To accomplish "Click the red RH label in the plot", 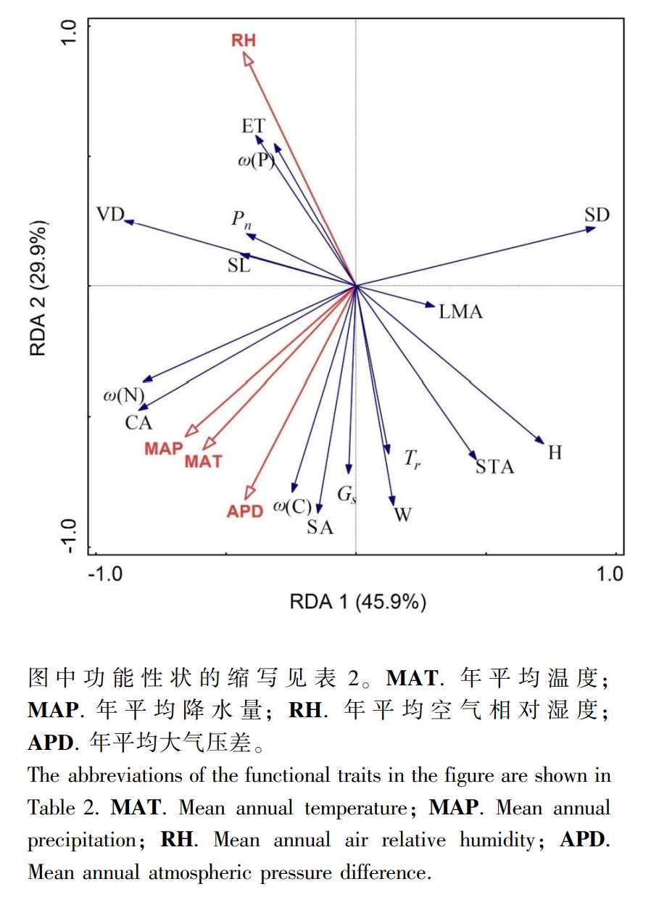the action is pyautogui.click(x=244, y=41).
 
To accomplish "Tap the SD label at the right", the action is pyautogui.click(x=597, y=215).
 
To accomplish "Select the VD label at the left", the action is pyautogui.click(x=110, y=215).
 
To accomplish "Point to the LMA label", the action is pyautogui.click(x=460, y=312).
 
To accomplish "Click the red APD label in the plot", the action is pyautogui.click(x=245, y=511).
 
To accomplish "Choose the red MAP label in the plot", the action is pyautogui.click(x=164, y=448).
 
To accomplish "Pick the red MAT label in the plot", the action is pyautogui.click(x=203, y=461).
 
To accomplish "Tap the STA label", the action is pyautogui.click(x=495, y=467).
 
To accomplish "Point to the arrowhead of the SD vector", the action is pyautogui.click(x=590, y=229).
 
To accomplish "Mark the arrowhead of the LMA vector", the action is pyautogui.click(x=430, y=305).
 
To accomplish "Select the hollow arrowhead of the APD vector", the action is pyautogui.click(x=249, y=492).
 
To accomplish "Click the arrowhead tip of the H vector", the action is pyautogui.click(x=544, y=444).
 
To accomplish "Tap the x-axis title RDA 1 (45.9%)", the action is pyautogui.click(x=358, y=602).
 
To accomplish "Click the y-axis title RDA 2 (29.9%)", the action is pyautogui.click(x=38, y=288).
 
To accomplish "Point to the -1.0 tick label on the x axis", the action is pyautogui.click(x=105, y=574).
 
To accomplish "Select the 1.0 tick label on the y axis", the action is pyautogui.click(x=69, y=33).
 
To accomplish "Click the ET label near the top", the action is pyautogui.click(x=254, y=126).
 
